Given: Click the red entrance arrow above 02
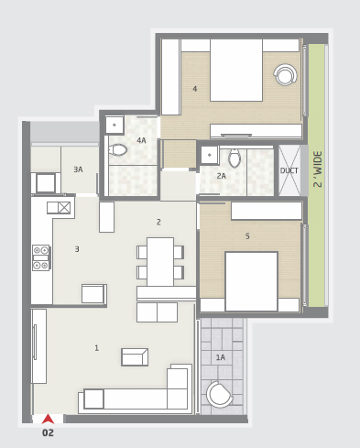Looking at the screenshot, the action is [48, 419].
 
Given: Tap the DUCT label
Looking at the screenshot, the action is [289, 170].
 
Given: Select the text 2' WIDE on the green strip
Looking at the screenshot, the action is [318, 169].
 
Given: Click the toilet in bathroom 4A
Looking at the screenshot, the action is [118, 150].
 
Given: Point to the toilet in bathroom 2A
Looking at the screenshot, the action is [235, 158].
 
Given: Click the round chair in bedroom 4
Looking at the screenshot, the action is [285, 75].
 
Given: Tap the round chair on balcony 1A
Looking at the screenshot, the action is [219, 394].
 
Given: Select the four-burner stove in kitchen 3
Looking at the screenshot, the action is [41, 257].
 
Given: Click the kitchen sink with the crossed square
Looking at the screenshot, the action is [59, 208].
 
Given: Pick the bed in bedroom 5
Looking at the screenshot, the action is [251, 281].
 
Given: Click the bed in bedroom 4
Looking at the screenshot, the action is [236, 71].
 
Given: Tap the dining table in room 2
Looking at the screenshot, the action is [160, 262].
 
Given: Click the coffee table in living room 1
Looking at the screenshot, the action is [135, 357].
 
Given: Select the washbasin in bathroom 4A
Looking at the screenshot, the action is [115, 125].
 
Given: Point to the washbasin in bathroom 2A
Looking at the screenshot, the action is [209, 155].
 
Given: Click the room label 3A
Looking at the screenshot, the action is [78, 169].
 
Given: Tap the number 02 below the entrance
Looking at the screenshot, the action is [48, 432].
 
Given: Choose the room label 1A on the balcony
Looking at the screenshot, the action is [221, 357].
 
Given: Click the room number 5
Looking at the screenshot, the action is [247, 235].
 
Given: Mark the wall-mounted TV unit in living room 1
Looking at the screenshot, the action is [39, 346].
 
